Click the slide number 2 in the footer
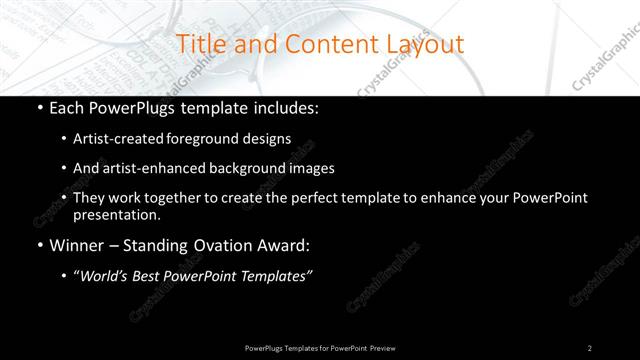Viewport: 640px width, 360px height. point(590,347)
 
